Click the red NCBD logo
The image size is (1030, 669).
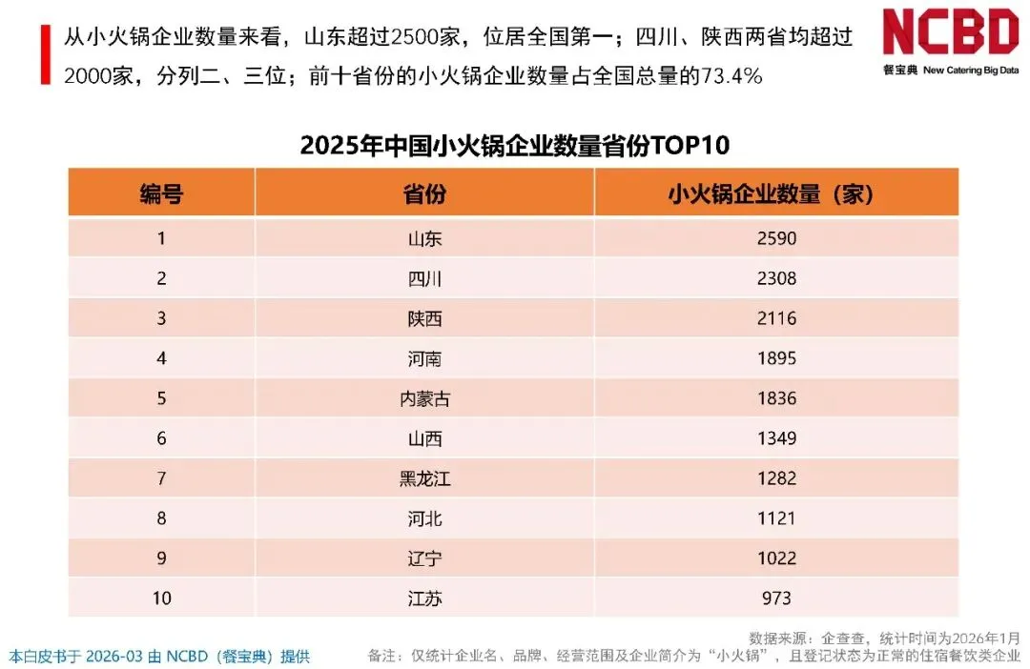pos(951,31)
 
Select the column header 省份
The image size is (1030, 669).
pos(424,193)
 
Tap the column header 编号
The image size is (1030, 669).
pos(161,193)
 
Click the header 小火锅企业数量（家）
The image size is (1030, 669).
pos(771,193)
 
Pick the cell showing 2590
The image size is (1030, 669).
pos(776,238)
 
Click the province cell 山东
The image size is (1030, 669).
pos(424,239)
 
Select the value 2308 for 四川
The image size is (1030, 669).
pos(776,278)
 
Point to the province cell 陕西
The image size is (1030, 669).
pos(424,319)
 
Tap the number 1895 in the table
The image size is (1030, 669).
pos(776,358)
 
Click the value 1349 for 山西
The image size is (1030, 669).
pos(776,438)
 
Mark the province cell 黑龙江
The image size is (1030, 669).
pos(424,479)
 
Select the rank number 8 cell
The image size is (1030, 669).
pos(161,518)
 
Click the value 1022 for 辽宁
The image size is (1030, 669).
pos(776,558)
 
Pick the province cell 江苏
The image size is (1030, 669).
pos(424,598)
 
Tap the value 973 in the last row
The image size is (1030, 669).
pos(776,598)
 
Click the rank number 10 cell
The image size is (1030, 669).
pos(161,598)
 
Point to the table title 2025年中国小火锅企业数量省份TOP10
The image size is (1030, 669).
pos(514,145)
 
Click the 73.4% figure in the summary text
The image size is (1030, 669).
pos(732,76)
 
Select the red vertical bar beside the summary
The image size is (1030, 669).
pos(46,54)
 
